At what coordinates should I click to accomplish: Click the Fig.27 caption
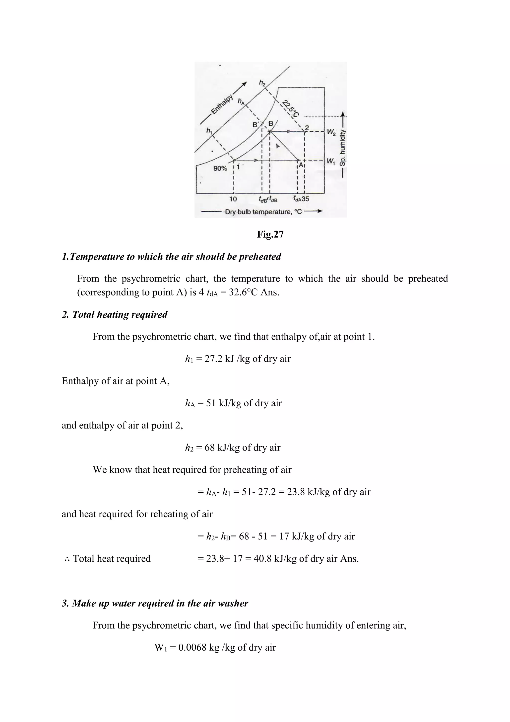(x=270, y=234)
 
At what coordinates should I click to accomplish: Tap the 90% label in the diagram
(x=220, y=169)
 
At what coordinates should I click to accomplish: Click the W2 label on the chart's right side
(x=331, y=132)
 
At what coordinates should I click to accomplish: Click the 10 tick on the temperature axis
(x=233, y=199)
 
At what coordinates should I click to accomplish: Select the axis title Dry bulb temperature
(x=263, y=212)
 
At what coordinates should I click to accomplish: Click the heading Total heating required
(x=120, y=314)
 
